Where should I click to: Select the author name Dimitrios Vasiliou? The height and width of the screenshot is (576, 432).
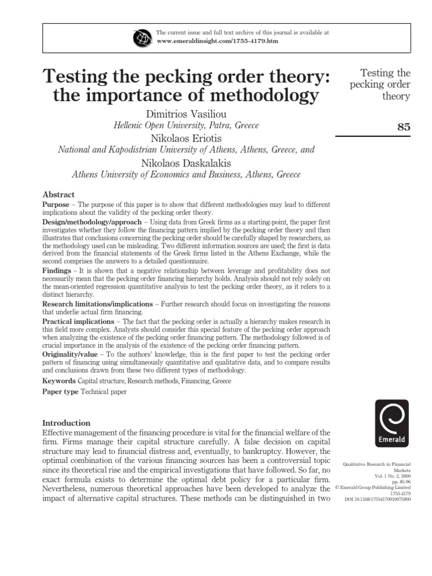(x=187, y=114)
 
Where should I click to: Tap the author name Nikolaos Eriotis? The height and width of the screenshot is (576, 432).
(x=187, y=138)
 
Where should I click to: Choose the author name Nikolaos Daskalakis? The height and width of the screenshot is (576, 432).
(x=187, y=163)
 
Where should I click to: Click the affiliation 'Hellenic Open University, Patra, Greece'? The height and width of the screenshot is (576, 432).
(x=187, y=126)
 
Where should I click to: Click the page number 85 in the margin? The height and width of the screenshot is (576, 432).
(x=404, y=127)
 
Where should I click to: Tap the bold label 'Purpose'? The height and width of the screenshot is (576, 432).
(x=56, y=205)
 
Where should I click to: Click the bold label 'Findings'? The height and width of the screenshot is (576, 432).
(x=57, y=271)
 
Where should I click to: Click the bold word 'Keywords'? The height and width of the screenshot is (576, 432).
(x=59, y=381)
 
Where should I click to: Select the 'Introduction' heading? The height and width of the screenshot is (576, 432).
(x=66, y=422)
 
